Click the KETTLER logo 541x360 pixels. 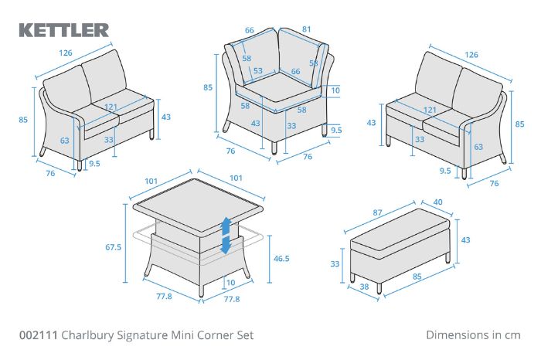(63, 30)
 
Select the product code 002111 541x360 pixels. (38, 335)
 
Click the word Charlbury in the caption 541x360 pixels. (87, 335)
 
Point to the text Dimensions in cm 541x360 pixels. (473, 335)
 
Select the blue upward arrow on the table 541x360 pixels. (226, 226)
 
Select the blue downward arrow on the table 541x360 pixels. (226, 245)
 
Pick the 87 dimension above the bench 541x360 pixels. (378, 212)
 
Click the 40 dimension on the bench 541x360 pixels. (439, 203)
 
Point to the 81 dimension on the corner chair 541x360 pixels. (307, 30)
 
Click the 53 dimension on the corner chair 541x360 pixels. (257, 70)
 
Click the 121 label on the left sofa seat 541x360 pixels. (111, 108)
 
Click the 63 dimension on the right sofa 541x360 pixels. (479, 146)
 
